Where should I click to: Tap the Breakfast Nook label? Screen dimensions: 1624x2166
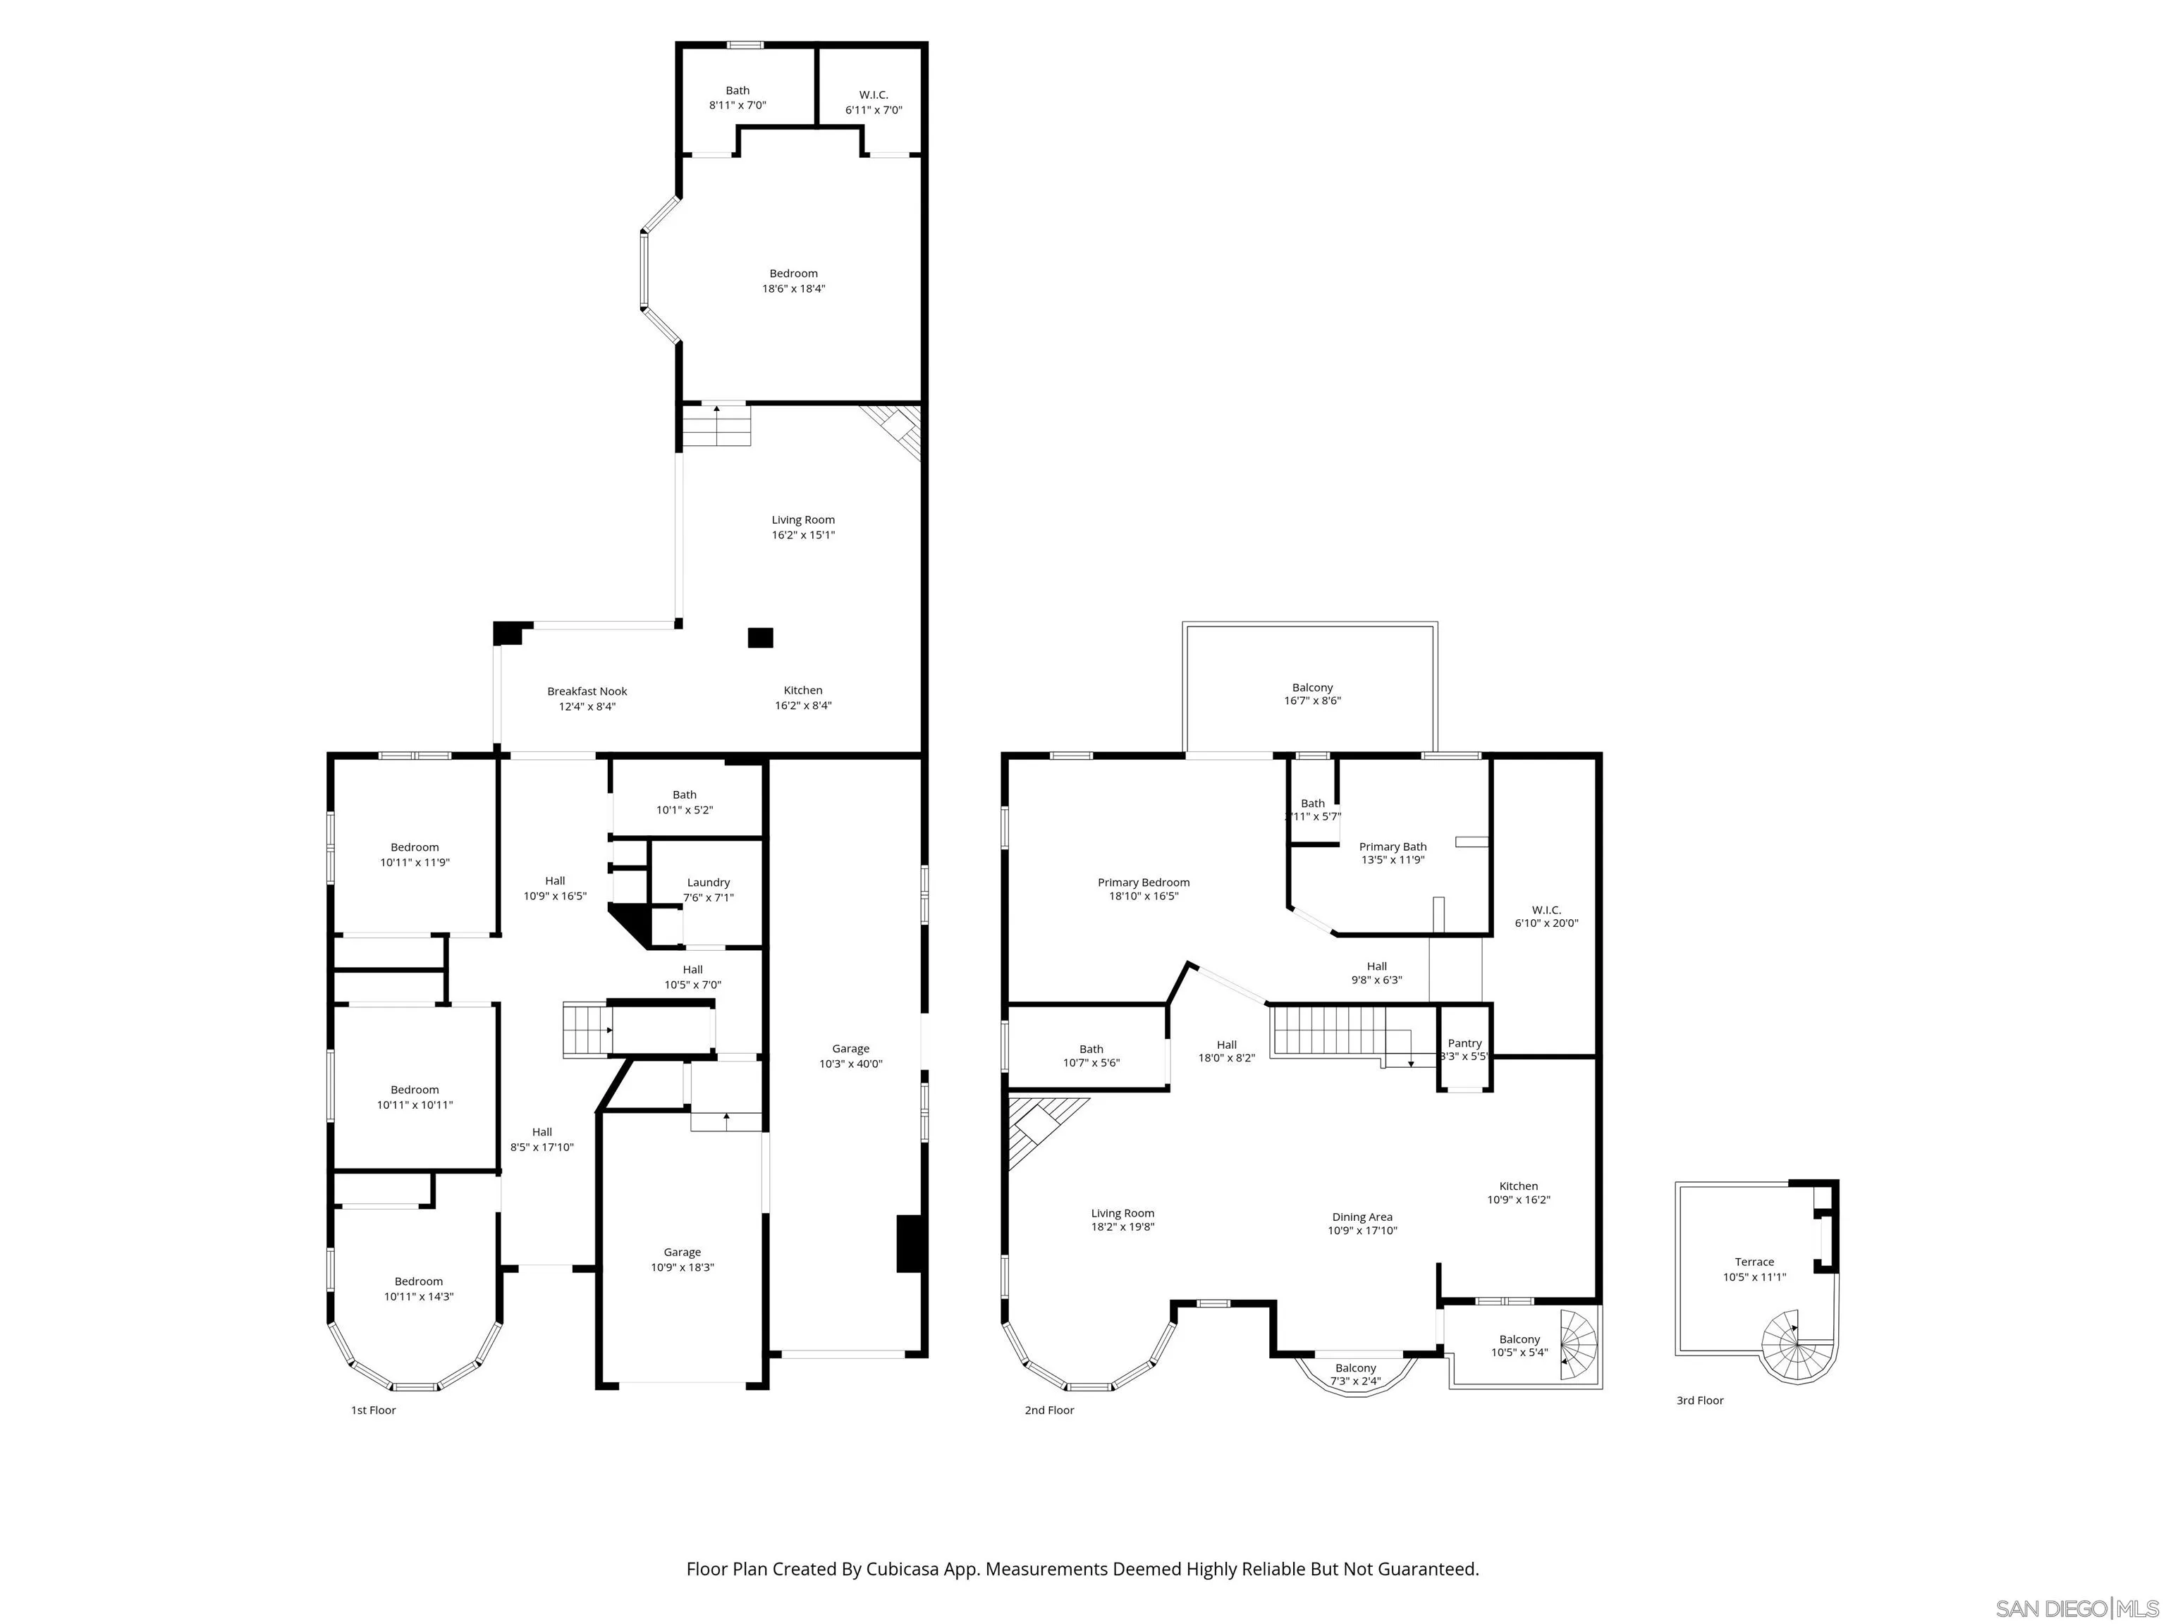coord(587,698)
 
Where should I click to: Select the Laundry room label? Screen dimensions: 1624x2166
coord(708,889)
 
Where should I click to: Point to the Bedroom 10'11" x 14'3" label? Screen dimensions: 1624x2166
coord(418,1288)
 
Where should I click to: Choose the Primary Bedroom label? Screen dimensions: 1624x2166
coord(1143,889)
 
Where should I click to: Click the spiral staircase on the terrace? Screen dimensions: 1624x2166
coord(1797,1347)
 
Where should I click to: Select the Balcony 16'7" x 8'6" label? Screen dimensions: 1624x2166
coord(1312,694)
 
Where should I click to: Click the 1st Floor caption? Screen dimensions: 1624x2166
coord(373,1410)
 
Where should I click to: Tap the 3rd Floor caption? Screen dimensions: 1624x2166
coord(1699,1400)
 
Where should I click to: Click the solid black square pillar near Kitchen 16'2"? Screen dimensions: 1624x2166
coord(760,638)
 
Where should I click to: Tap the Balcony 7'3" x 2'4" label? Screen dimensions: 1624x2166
coord(1355,1374)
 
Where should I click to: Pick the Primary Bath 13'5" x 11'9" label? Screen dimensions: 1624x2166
coord(1393,853)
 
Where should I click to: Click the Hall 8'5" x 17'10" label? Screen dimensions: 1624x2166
coord(541,1140)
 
